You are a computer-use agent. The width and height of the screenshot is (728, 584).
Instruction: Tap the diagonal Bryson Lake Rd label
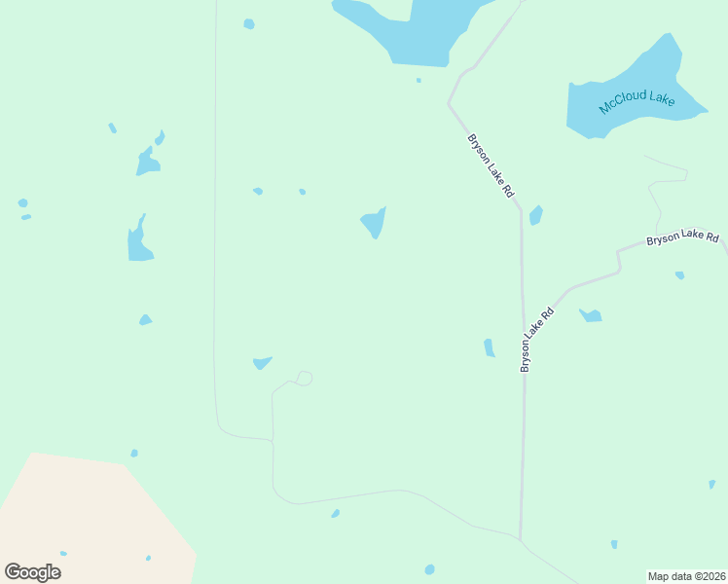pyautogui.click(x=491, y=166)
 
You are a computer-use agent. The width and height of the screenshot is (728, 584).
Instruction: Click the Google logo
pyautogui.click(x=32, y=572)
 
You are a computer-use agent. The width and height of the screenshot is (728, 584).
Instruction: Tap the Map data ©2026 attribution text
pyautogui.click(x=686, y=576)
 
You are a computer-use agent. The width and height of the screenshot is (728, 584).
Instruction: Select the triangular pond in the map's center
pyautogui.click(x=374, y=223)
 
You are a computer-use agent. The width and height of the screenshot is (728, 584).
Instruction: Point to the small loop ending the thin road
pyautogui.click(x=305, y=378)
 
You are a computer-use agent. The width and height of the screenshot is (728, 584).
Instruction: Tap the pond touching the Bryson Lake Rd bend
pyautogui.click(x=535, y=215)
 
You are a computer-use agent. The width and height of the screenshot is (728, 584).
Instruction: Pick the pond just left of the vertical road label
pyautogui.click(x=490, y=347)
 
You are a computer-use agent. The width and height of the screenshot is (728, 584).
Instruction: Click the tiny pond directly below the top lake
pyautogui.click(x=419, y=80)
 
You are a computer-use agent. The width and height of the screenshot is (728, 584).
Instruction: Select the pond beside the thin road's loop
pyautogui.click(x=262, y=363)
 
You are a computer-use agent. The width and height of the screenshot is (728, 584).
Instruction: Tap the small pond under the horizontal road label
pyautogui.click(x=679, y=275)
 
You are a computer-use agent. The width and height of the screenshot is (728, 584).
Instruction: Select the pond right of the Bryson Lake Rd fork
pyautogui.click(x=591, y=315)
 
